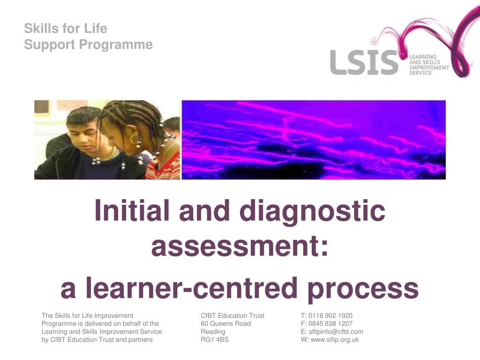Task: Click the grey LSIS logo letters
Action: click(364, 63)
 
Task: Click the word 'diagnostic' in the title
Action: click(312, 211)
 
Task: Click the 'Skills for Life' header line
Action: click(66, 29)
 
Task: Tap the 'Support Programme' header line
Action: click(88, 45)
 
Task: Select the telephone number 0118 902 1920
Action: click(330, 315)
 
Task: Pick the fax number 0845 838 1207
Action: click(330, 323)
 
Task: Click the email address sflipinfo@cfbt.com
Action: click(336, 331)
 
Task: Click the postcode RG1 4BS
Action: click(215, 339)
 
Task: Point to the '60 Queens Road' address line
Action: click(225, 323)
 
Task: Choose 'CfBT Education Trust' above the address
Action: click(232, 315)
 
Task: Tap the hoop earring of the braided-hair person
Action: click(135, 139)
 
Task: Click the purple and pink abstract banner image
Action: click(313, 140)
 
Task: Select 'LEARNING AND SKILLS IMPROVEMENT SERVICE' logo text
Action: click(429, 65)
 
